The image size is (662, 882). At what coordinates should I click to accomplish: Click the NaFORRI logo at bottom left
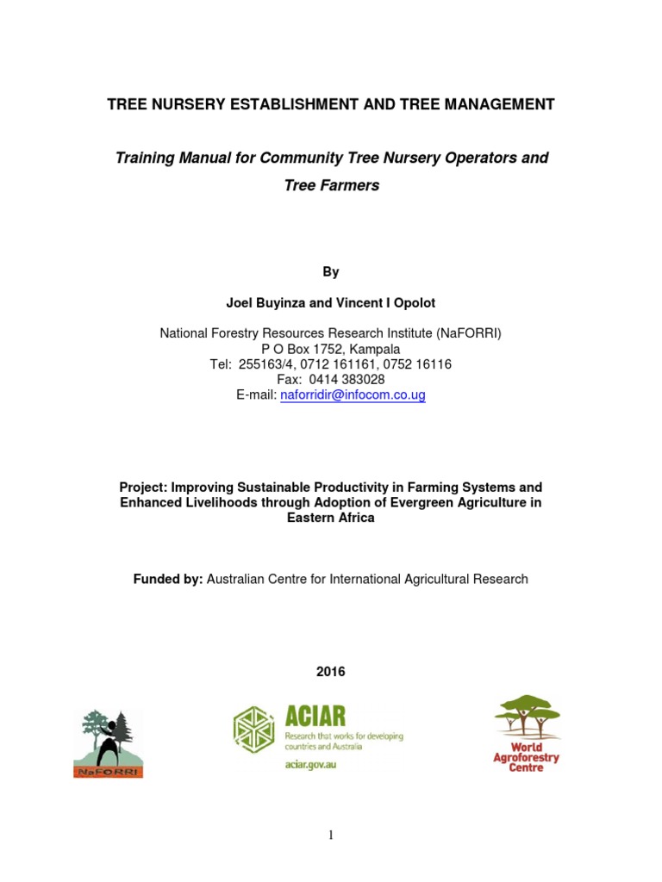pyautogui.click(x=108, y=743)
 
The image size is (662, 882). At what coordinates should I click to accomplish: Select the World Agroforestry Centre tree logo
pyautogui.click(x=527, y=733)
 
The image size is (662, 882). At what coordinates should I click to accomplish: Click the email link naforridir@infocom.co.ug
pyautogui.click(x=353, y=395)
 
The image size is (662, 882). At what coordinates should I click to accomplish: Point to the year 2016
pyautogui.click(x=331, y=672)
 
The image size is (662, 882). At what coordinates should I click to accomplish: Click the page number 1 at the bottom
pyautogui.click(x=330, y=835)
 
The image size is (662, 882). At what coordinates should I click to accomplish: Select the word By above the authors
pyautogui.click(x=331, y=272)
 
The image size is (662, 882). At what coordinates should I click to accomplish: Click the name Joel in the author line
pyautogui.click(x=239, y=302)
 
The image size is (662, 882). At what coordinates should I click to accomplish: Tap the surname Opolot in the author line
pyautogui.click(x=414, y=302)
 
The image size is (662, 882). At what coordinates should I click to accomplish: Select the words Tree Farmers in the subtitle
pyautogui.click(x=331, y=185)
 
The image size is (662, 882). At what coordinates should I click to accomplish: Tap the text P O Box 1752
pyautogui.click(x=299, y=349)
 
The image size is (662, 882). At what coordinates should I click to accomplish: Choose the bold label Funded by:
pyautogui.click(x=168, y=580)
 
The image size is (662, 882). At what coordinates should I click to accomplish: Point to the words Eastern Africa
pyautogui.click(x=331, y=519)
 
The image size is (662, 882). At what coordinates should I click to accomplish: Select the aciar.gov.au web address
pyautogui.click(x=309, y=765)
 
